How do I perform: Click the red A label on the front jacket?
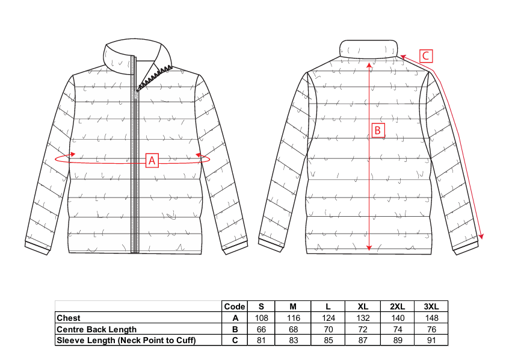(152, 160)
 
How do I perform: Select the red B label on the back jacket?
(378, 131)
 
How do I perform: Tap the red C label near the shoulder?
(426, 56)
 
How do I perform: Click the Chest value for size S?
(261, 318)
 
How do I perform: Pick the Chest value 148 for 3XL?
(431, 318)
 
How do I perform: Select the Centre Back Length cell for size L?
(328, 329)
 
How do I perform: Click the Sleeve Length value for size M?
(293, 340)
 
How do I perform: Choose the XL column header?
(363, 306)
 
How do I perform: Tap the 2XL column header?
(398, 306)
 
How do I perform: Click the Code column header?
(235, 306)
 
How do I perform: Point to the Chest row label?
(68, 318)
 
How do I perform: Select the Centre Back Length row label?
(96, 329)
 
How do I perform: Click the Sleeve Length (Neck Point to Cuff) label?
(126, 340)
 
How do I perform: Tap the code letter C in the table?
(235, 340)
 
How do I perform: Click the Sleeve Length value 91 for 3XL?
(431, 340)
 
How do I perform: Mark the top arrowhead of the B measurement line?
(369, 64)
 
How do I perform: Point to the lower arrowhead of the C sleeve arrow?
(481, 237)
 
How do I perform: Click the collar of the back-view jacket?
(369, 49)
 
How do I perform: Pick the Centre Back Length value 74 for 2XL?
(398, 329)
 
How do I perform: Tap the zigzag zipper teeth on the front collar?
(155, 77)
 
